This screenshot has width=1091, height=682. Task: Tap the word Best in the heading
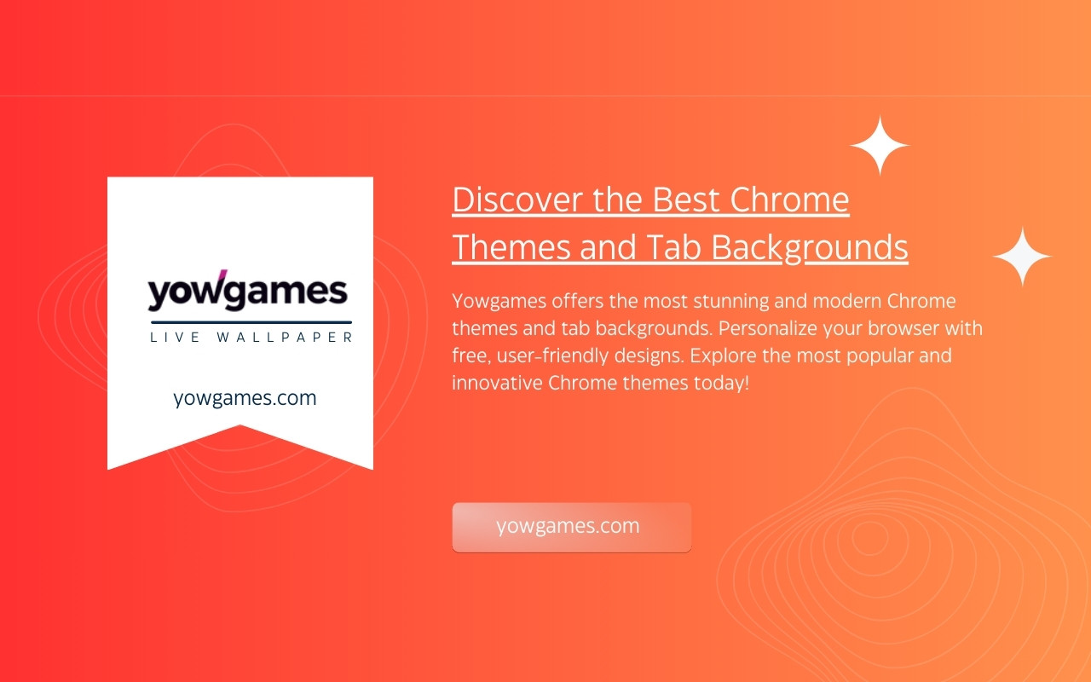click(x=686, y=199)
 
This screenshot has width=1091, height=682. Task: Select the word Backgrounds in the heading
click(x=810, y=247)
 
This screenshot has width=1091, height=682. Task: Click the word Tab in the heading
click(x=673, y=247)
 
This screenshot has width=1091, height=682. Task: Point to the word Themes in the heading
click(x=511, y=247)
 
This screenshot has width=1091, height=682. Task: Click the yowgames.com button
click(x=572, y=527)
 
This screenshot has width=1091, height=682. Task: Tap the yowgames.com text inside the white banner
click(x=245, y=398)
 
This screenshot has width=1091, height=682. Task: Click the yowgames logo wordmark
click(x=247, y=292)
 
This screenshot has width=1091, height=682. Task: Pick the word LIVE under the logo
click(x=176, y=337)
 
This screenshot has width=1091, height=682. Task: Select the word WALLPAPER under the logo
click(x=285, y=337)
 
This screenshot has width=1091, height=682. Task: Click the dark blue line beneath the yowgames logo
click(x=251, y=322)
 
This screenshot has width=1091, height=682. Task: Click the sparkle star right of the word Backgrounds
click(x=1022, y=256)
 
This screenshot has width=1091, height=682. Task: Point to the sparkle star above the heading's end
click(x=880, y=145)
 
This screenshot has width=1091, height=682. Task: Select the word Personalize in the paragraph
click(x=768, y=328)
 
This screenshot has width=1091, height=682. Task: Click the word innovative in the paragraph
click(x=497, y=383)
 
